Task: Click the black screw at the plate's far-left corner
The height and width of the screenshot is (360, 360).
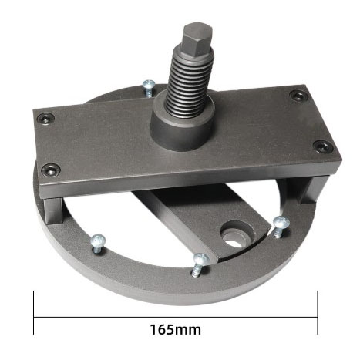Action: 45,118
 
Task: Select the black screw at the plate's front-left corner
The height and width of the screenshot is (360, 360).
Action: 52,169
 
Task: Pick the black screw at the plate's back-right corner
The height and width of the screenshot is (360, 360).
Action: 299,96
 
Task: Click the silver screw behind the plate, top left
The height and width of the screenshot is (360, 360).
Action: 149,87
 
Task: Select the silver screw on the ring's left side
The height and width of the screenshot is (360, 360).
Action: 98,244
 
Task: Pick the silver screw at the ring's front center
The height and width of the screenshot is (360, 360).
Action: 200,265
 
